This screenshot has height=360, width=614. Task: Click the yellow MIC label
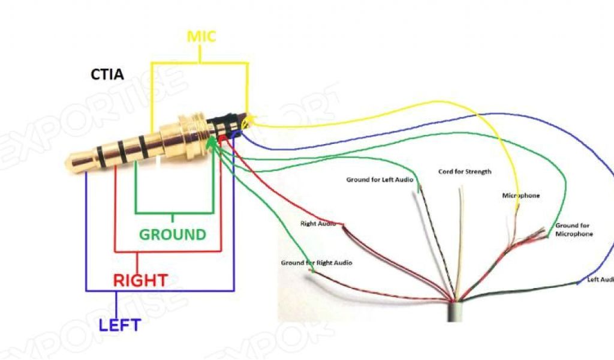[x=201, y=37]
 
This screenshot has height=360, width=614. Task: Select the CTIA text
[x=107, y=75]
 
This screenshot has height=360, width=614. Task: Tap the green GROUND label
[x=172, y=234]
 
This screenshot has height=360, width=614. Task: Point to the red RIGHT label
[x=140, y=280]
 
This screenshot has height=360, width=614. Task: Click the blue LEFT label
[x=119, y=325]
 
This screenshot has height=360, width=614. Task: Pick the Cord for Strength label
[x=465, y=172]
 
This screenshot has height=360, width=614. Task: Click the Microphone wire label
[x=520, y=196]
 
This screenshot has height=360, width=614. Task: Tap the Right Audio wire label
[x=318, y=224]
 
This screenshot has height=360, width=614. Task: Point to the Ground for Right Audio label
[x=317, y=263]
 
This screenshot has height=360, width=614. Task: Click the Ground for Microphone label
[x=574, y=229]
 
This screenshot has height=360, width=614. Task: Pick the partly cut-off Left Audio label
[x=600, y=280]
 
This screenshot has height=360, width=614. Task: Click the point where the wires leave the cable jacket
[x=455, y=299]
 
